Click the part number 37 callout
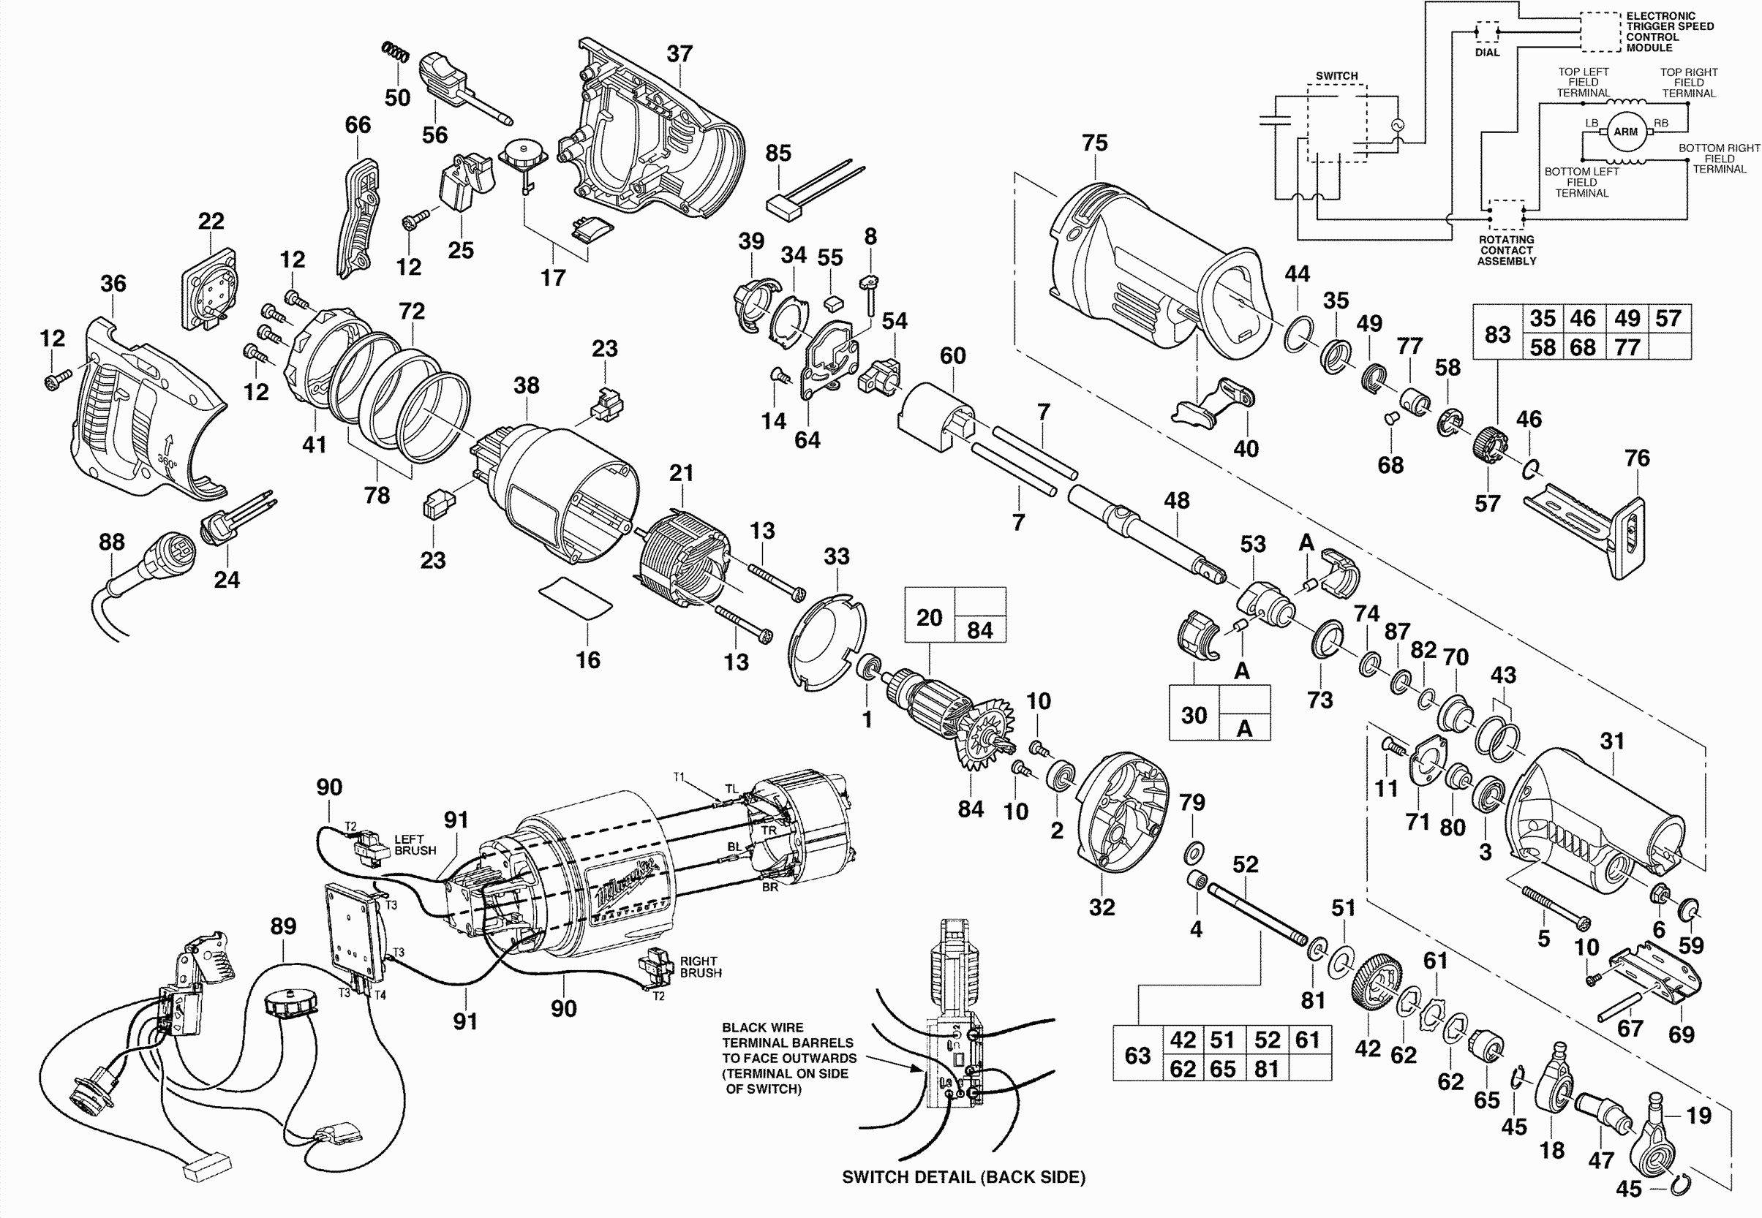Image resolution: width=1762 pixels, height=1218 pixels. coord(679,54)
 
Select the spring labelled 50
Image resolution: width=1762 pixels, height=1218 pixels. coord(396,53)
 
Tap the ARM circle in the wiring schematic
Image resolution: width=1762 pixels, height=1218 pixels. coord(1624,132)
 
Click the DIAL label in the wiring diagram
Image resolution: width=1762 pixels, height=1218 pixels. coord(1486,53)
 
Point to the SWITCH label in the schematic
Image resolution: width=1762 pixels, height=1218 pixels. coord(1336,75)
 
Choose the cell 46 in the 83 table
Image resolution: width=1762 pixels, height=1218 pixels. coord(1583,318)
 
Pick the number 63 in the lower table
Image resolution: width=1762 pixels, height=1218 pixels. coord(1137,1056)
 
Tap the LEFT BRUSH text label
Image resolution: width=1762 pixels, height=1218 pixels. coord(415,845)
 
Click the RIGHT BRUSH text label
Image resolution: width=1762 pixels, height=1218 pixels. coord(700,967)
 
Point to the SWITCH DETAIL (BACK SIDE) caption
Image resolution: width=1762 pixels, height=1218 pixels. coord(963,1177)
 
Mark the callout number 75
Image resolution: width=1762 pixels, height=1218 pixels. coord(1094,143)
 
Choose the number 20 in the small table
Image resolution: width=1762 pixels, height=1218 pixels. coord(929,616)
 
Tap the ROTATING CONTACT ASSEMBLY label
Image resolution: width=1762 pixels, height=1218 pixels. coord(1505,250)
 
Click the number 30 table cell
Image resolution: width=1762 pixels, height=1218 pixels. coord(1193,715)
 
